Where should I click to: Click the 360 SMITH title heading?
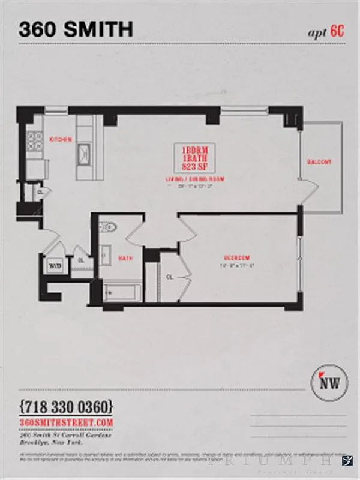(76, 28)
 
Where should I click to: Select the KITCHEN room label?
(61, 140)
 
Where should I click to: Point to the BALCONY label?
(319, 163)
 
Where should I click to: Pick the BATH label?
(125, 259)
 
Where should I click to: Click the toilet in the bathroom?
(109, 227)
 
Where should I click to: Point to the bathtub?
(122, 293)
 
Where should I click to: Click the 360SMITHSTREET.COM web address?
(66, 422)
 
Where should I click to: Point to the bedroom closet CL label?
(169, 277)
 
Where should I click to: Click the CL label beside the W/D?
(80, 260)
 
